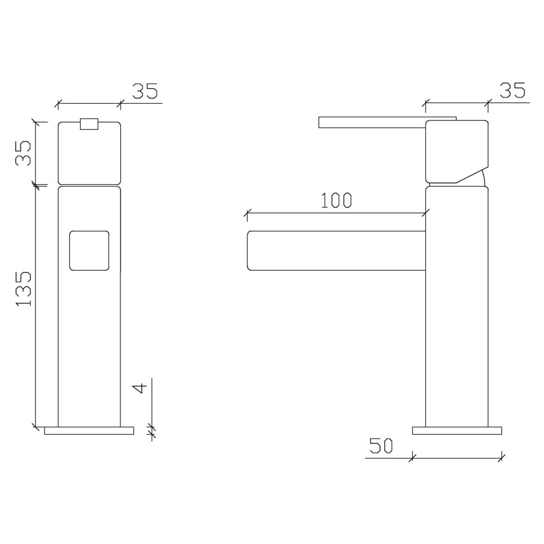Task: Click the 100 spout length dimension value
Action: point(336,200)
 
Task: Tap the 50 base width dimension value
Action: point(381,446)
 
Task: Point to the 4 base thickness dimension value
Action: point(140,388)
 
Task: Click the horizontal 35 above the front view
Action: point(145,91)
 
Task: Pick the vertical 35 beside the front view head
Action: point(23,153)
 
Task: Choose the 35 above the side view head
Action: point(512,90)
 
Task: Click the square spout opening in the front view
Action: point(89,251)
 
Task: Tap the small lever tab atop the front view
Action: point(89,124)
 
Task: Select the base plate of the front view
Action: point(89,431)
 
